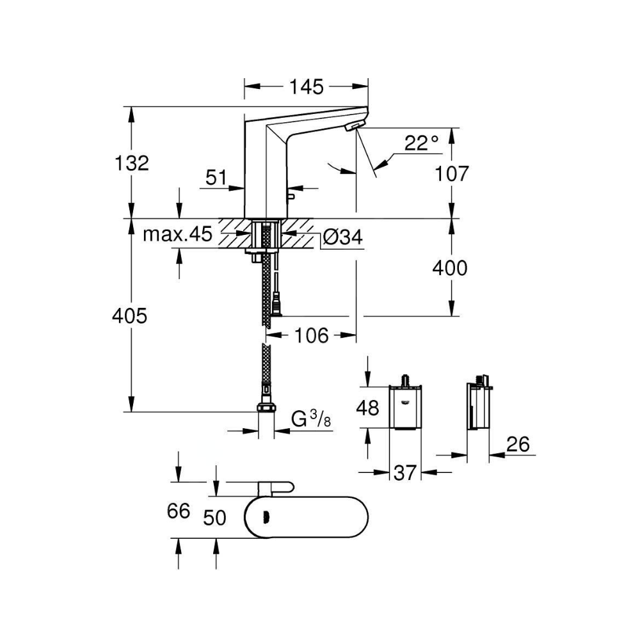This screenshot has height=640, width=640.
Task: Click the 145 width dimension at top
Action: pos(306,87)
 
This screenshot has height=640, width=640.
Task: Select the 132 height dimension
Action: pos(132,163)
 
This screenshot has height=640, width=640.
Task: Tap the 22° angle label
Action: pos(422,143)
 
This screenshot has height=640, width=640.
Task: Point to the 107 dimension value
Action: pos(451,174)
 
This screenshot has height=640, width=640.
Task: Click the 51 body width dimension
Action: pos(216,177)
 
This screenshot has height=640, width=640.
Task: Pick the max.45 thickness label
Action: pos(177,235)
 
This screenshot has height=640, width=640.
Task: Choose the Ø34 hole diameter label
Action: pos(342,237)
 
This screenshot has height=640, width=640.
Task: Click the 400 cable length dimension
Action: pos(450,268)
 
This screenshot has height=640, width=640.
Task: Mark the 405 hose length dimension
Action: pos(130,316)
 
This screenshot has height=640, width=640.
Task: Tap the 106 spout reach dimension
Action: pos(312,335)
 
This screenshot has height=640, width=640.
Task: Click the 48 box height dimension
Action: pos(367,407)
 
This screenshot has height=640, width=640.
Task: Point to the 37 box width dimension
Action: pos(404,473)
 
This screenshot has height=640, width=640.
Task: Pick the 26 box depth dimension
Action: pos(518,444)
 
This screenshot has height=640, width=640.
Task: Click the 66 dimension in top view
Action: pos(179,511)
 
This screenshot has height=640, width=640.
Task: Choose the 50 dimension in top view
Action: pos(214,518)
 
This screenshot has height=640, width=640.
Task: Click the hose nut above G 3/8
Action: pos(266,407)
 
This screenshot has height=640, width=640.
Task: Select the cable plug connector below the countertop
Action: pos(278,305)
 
